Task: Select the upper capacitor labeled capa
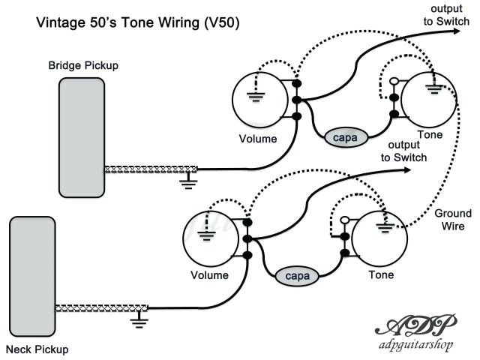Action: tap(346, 137)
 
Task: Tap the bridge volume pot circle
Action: tap(259, 100)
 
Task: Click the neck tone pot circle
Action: tap(379, 239)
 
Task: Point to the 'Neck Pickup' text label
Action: tap(37, 349)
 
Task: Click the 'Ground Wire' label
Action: tap(453, 220)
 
